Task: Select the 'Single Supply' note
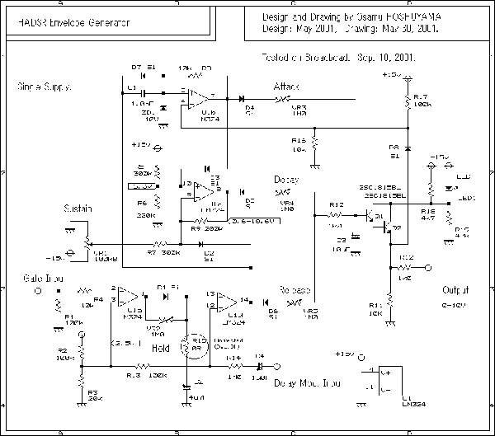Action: click(44, 87)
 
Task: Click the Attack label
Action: click(288, 87)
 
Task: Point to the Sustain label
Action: click(78, 209)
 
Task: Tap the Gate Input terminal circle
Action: click(35, 292)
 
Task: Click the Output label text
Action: click(455, 291)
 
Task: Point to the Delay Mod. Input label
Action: click(307, 382)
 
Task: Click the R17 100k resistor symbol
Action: click(407, 103)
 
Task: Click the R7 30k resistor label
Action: click(158, 252)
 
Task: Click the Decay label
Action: click(285, 180)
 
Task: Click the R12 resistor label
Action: click(336, 204)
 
